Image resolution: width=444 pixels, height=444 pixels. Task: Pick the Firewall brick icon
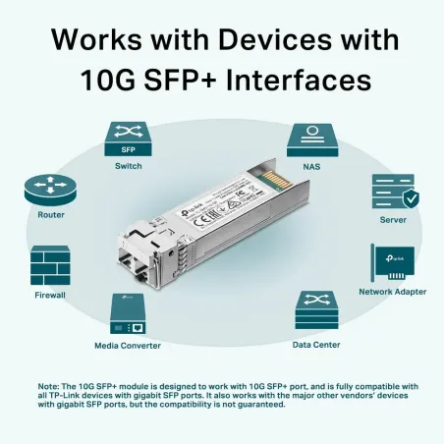coord(50,265)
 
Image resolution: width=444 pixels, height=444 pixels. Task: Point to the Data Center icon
coord(316,313)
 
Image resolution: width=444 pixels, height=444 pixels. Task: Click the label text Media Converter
coord(127,346)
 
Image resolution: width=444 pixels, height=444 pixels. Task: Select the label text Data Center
coord(316,345)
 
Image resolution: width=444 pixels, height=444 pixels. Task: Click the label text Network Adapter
coord(392,293)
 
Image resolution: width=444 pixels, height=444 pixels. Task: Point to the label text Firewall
coord(50,294)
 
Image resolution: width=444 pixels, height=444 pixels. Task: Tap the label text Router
coord(51,214)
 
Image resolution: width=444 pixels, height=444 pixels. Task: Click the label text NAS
coord(309,166)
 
